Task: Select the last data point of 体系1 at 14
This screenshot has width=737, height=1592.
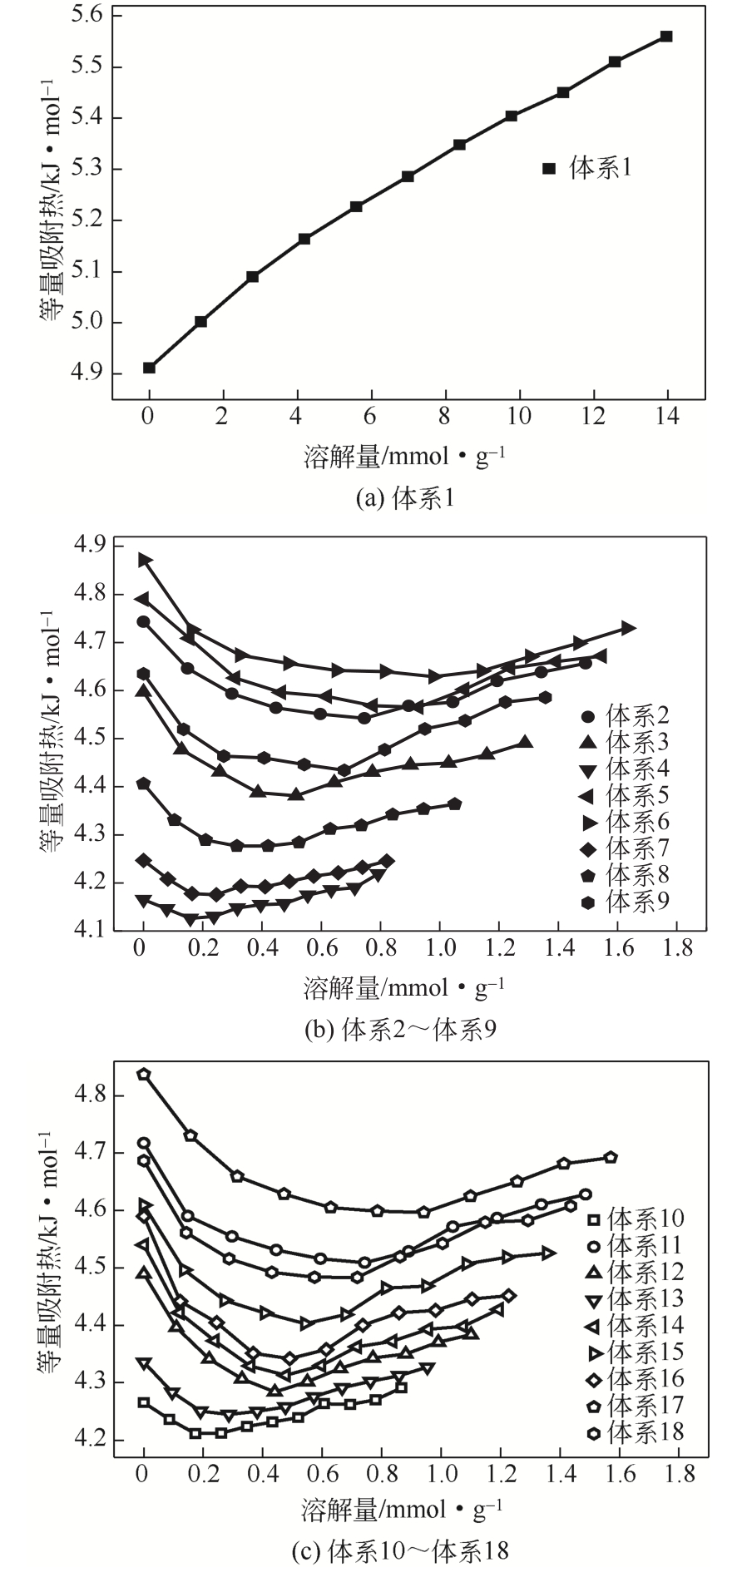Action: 666,37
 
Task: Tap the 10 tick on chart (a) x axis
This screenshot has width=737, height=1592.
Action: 519,416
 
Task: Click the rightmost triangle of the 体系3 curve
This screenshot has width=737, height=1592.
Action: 525,743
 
